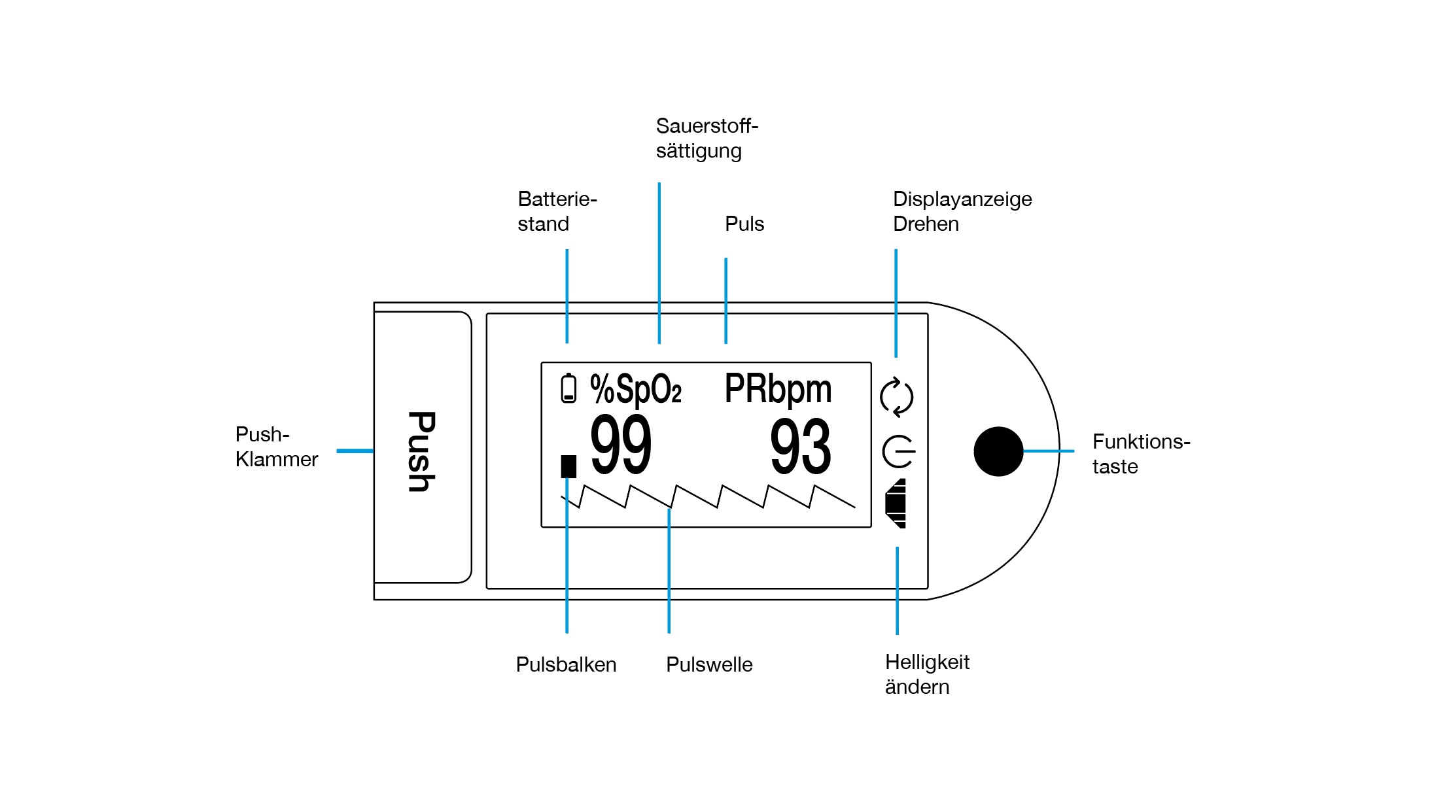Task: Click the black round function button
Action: click(x=998, y=451)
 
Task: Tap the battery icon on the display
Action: click(x=568, y=388)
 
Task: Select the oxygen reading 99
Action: click(x=621, y=445)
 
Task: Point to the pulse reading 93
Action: click(x=801, y=448)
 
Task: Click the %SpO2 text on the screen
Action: click(x=635, y=390)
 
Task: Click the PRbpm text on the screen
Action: click(x=778, y=389)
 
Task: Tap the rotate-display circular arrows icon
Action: click(x=897, y=397)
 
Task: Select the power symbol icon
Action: click(x=898, y=451)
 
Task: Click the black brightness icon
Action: click(x=896, y=503)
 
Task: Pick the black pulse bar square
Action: click(x=568, y=466)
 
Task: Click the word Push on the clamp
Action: click(x=422, y=451)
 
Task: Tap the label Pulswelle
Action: click(x=709, y=664)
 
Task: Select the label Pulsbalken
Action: click(x=566, y=664)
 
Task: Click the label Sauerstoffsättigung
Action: click(x=707, y=138)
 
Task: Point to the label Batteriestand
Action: click(x=557, y=211)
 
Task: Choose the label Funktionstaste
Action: click(x=1140, y=454)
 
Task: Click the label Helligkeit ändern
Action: click(x=927, y=674)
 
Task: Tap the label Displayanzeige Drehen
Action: click(x=962, y=211)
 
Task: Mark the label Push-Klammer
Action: click(x=276, y=447)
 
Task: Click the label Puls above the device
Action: click(x=744, y=224)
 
